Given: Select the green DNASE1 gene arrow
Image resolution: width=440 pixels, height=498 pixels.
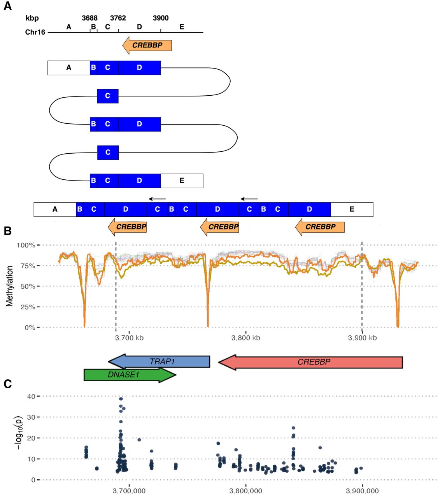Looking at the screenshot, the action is tap(130, 375).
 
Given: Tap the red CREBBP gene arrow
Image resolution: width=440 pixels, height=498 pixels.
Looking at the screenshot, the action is tap(310, 362).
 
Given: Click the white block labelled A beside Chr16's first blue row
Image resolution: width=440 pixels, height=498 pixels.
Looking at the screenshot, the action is tap(69, 68).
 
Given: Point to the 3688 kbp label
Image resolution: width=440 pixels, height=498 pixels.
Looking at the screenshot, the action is tap(90, 18).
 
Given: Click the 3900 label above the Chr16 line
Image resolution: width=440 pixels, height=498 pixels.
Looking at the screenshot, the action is tap(161, 18).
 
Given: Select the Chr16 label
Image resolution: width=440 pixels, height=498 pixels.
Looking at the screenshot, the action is tap(35, 32).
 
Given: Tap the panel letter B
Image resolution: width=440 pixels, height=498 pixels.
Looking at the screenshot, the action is tap(8, 231).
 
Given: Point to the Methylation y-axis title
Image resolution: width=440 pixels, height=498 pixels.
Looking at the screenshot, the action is tap(9, 286).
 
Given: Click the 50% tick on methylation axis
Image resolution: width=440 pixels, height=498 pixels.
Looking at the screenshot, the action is tap(28, 286).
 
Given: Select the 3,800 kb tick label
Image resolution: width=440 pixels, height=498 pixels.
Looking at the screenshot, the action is tap(245, 338).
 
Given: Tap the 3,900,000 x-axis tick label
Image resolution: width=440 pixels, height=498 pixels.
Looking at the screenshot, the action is tap(362, 491).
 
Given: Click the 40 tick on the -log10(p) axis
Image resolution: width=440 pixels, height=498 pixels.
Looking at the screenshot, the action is tap(31, 396).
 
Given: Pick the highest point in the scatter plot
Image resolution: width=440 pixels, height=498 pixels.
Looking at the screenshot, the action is tap(121, 399).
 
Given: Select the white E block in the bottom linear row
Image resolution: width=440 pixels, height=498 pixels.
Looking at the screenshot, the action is tap(352, 209).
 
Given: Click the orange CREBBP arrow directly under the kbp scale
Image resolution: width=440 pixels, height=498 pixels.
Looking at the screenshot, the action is tap(147, 46).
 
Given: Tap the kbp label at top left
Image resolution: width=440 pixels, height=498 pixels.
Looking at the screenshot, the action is tap(32, 18).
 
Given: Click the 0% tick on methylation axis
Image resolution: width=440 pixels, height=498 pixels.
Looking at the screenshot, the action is tap(30, 328).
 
